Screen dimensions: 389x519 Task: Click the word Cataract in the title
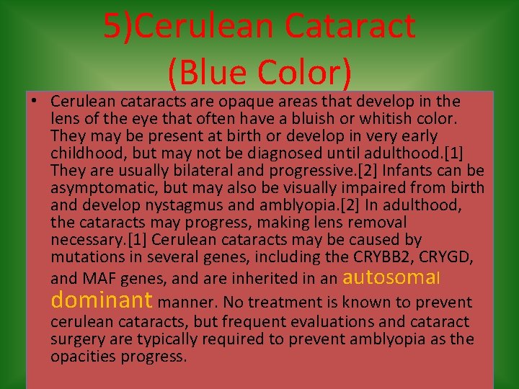(x=350, y=27)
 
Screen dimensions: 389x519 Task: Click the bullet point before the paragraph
(x=34, y=102)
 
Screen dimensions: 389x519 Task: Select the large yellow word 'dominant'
(x=102, y=300)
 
